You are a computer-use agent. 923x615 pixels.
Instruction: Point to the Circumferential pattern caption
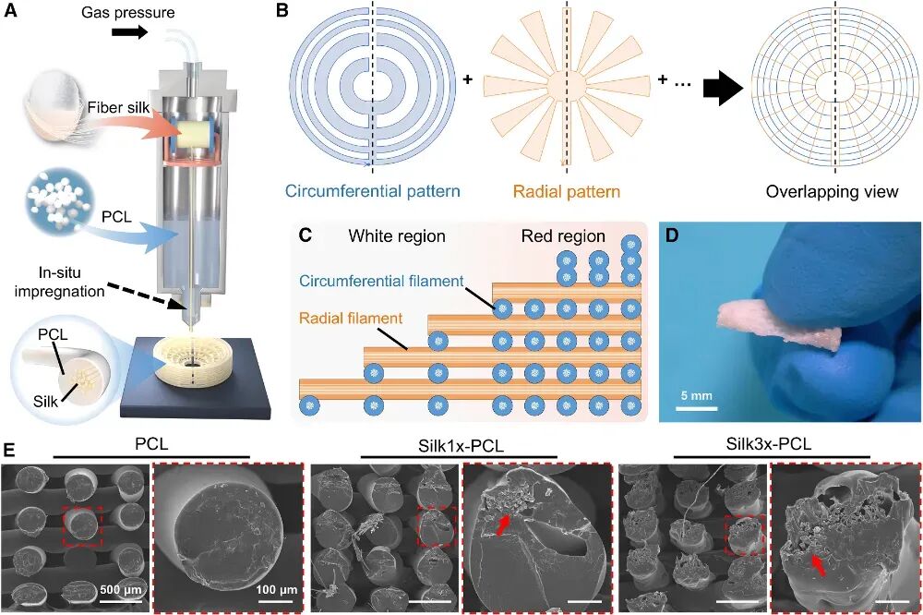[372, 192]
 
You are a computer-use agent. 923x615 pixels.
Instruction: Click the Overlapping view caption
[832, 193]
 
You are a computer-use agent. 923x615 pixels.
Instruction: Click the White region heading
[397, 236]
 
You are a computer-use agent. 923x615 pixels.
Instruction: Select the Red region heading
[563, 236]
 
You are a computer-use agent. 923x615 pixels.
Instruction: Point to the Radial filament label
[351, 318]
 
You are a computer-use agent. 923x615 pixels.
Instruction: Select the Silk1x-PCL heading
[460, 444]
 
